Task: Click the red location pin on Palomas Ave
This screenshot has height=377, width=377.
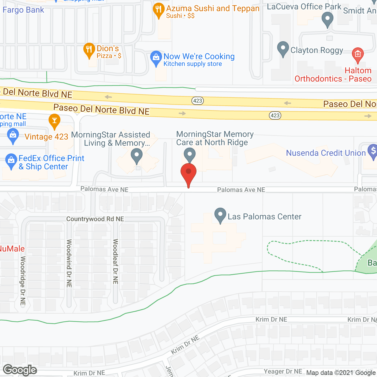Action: tap(188, 174)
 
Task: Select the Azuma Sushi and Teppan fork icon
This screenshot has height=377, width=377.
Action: tap(159, 10)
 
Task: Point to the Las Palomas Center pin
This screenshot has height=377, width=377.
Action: tap(220, 215)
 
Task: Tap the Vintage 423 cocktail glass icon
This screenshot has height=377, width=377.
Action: tap(54, 121)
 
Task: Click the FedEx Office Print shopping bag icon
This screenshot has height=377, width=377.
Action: tap(11, 161)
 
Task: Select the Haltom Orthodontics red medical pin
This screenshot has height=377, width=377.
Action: tap(358, 54)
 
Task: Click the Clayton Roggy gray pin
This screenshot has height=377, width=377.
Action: tap(283, 48)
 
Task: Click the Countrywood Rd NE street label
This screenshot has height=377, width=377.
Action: tap(95, 219)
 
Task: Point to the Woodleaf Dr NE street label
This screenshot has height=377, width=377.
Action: tap(115, 262)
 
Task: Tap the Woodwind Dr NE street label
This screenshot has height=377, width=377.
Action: tap(69, 263)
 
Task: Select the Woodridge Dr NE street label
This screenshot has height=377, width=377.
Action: tap(23, 280)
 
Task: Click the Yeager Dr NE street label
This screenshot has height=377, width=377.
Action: tap(283, 371)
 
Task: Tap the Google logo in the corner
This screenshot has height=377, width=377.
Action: tap(20, 370)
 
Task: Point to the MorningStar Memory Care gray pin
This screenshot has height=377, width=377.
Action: tap(190, 154)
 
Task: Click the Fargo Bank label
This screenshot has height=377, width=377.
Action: tap(23, 10)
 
